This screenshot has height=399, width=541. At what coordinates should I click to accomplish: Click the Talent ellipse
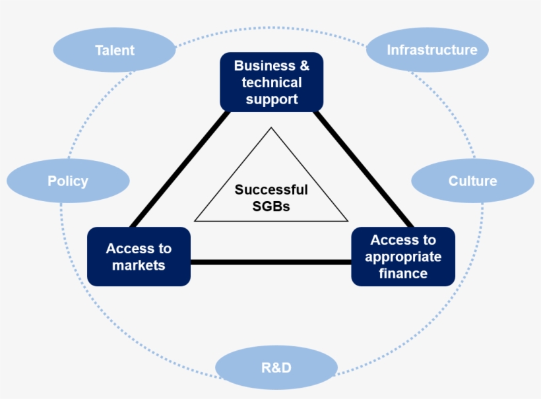click(x=114, y=50)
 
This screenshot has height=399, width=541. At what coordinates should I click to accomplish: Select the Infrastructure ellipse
click(x=431, y=50)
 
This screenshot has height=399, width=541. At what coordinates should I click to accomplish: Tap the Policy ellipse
click(x=67, y=181)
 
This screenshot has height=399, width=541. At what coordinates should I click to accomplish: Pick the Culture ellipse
click(x=472, y=181)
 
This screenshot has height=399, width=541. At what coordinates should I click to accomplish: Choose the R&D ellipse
click(x=276, y=367)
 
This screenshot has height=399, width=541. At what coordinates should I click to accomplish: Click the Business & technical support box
click(x=271, y=82)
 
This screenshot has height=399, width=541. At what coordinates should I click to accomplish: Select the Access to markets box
click(x=139, y=257)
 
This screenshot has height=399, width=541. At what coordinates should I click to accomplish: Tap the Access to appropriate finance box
click(x=403, y=257)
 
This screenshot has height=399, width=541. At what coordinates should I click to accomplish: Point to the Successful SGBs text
click(x=271, y=197)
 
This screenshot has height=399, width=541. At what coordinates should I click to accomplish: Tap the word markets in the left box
click(x=139, y=266)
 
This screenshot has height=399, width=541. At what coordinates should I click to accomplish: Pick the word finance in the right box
click(x=403, y=273)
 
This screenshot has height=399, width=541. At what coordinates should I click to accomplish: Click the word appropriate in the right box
click(x=403, y=257)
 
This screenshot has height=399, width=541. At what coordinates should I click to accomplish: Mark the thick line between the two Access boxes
click(x=270, y=262)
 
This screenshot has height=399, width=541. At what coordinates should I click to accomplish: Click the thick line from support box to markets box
click(x=179, y=169)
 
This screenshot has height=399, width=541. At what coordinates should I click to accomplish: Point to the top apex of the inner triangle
click(x=271, y=128)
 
